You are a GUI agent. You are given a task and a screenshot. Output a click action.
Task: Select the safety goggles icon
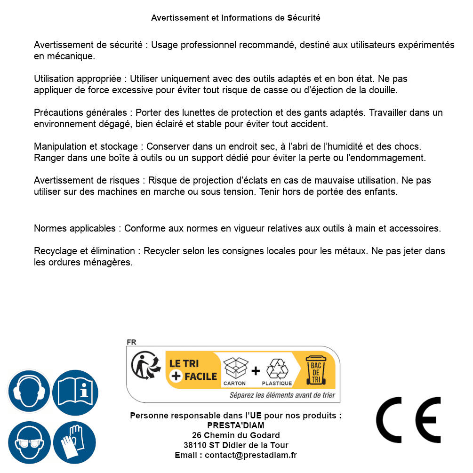29,443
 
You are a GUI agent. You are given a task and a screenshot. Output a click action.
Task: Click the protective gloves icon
75,443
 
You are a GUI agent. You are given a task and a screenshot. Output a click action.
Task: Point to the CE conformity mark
409,419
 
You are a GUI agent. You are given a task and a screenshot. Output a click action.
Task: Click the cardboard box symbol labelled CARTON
235,369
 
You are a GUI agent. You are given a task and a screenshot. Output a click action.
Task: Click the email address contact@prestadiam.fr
251,455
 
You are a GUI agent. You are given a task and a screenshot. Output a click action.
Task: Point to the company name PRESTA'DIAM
236,425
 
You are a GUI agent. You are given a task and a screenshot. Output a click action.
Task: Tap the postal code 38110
194,445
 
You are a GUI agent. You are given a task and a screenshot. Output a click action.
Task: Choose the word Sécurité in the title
303,18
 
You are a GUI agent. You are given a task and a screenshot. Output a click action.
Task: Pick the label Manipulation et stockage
86,147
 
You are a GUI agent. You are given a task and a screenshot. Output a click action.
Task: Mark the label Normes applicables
74,229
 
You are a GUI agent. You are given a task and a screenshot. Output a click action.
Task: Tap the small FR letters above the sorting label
131,342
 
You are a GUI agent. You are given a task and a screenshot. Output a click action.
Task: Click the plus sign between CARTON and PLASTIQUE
256,371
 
